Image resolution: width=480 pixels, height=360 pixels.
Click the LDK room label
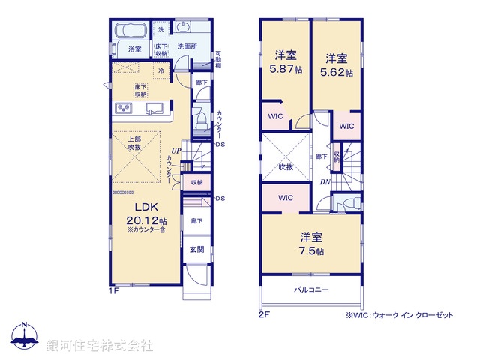145,207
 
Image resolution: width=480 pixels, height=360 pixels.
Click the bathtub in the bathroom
133,31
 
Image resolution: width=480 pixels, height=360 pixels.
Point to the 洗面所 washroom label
187,46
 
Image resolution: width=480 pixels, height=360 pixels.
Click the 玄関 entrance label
196,249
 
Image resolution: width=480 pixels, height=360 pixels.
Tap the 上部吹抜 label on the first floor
135,143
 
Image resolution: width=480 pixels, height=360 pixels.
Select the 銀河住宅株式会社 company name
100,345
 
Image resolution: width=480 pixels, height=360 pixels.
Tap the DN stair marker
324,182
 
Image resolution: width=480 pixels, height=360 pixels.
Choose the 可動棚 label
218,58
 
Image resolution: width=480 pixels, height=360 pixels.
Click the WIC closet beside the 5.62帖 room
346,126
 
